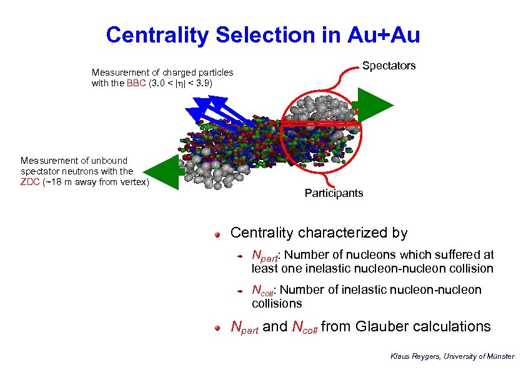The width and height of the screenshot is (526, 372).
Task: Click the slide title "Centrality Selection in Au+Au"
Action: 263,35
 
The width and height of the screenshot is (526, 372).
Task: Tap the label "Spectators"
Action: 389,66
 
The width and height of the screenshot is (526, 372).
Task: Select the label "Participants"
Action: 334,193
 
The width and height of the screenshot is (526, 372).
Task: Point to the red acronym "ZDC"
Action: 31,182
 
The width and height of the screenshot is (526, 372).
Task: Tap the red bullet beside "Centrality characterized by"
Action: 217,234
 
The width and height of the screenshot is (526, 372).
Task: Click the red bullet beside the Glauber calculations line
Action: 217,328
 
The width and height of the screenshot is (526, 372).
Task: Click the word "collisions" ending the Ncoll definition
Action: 276,303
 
